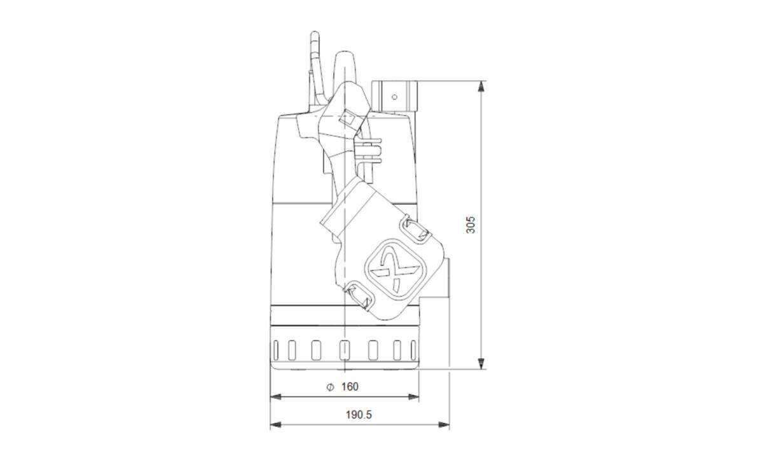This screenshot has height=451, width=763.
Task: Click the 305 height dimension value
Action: (471, 225)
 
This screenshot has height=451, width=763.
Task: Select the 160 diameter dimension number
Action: (350, 387)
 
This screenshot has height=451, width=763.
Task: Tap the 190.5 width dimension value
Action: (359, 415)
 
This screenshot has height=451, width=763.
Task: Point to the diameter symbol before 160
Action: (330, 387)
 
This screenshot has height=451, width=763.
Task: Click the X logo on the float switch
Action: (395, 269)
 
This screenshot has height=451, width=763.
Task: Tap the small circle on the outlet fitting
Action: (394, 97)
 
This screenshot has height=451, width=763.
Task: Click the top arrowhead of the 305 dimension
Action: (481, 87)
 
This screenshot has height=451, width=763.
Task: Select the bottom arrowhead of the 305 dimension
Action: (481, 363)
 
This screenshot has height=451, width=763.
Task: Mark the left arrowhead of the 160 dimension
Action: (275, 397)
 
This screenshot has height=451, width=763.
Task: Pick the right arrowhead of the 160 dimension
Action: (413, 397)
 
